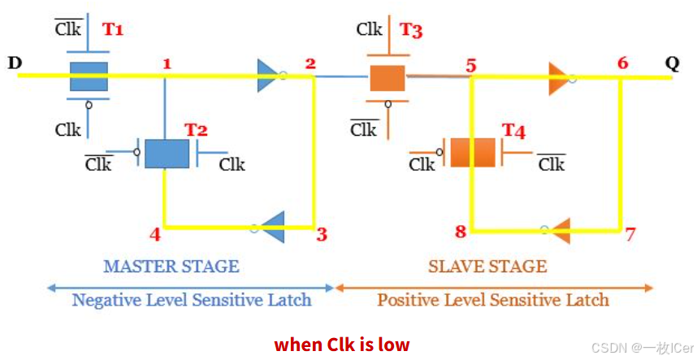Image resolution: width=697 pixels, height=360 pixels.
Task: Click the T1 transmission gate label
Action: tap(112, 29)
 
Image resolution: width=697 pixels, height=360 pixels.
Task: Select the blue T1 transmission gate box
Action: tap(89, 76)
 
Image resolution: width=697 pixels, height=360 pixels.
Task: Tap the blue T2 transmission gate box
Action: tap(167, 153)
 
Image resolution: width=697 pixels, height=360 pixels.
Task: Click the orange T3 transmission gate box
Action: tap(387, 78)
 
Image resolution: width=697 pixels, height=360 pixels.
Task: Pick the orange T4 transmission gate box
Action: tap(473, 153)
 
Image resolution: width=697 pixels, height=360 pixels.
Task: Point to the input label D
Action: tap(15, 63)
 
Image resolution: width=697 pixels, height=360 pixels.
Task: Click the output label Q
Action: tap(672, 63)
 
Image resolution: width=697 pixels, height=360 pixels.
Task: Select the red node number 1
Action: tap(167, 63)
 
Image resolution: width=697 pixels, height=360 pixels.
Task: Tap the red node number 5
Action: tap(471, 64)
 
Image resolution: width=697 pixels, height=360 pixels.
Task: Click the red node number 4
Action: tap(154, 235)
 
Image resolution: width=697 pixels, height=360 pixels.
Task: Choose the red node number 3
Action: tap(322, 235)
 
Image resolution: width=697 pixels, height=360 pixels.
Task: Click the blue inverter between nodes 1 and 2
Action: tap(270, 76)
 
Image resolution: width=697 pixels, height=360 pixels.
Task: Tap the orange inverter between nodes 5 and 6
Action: tap(561, 77)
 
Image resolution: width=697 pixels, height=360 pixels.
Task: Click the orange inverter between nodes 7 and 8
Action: tap(558, 230)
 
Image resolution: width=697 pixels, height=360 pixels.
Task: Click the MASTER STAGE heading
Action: tap(171, 266)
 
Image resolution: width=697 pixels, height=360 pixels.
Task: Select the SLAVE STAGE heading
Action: tap(487, 266)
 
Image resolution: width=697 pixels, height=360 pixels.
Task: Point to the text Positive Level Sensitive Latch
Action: tap(492, 300)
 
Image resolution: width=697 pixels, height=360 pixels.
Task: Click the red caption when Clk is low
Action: tap(342, 344)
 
